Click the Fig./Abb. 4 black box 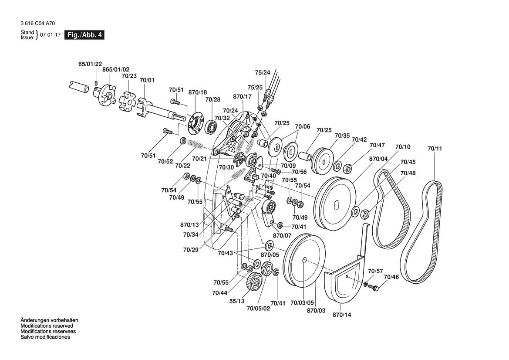click(x=84, y=35)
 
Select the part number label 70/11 click(x=434, y=149)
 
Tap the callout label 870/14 click(x=341, y=314)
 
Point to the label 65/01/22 click(x=90, y=64)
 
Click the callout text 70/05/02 click(x=258, y=309)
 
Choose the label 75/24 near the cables click(x=262, y=72)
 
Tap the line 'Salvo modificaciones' click(x=45, y=337)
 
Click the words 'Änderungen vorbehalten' click(x=49, y=320)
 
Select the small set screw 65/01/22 click(x=96, y=82)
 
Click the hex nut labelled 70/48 click(x=365, y=214)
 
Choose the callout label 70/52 click(x=165, y=161)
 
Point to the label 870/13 click(x=189, y=225)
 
